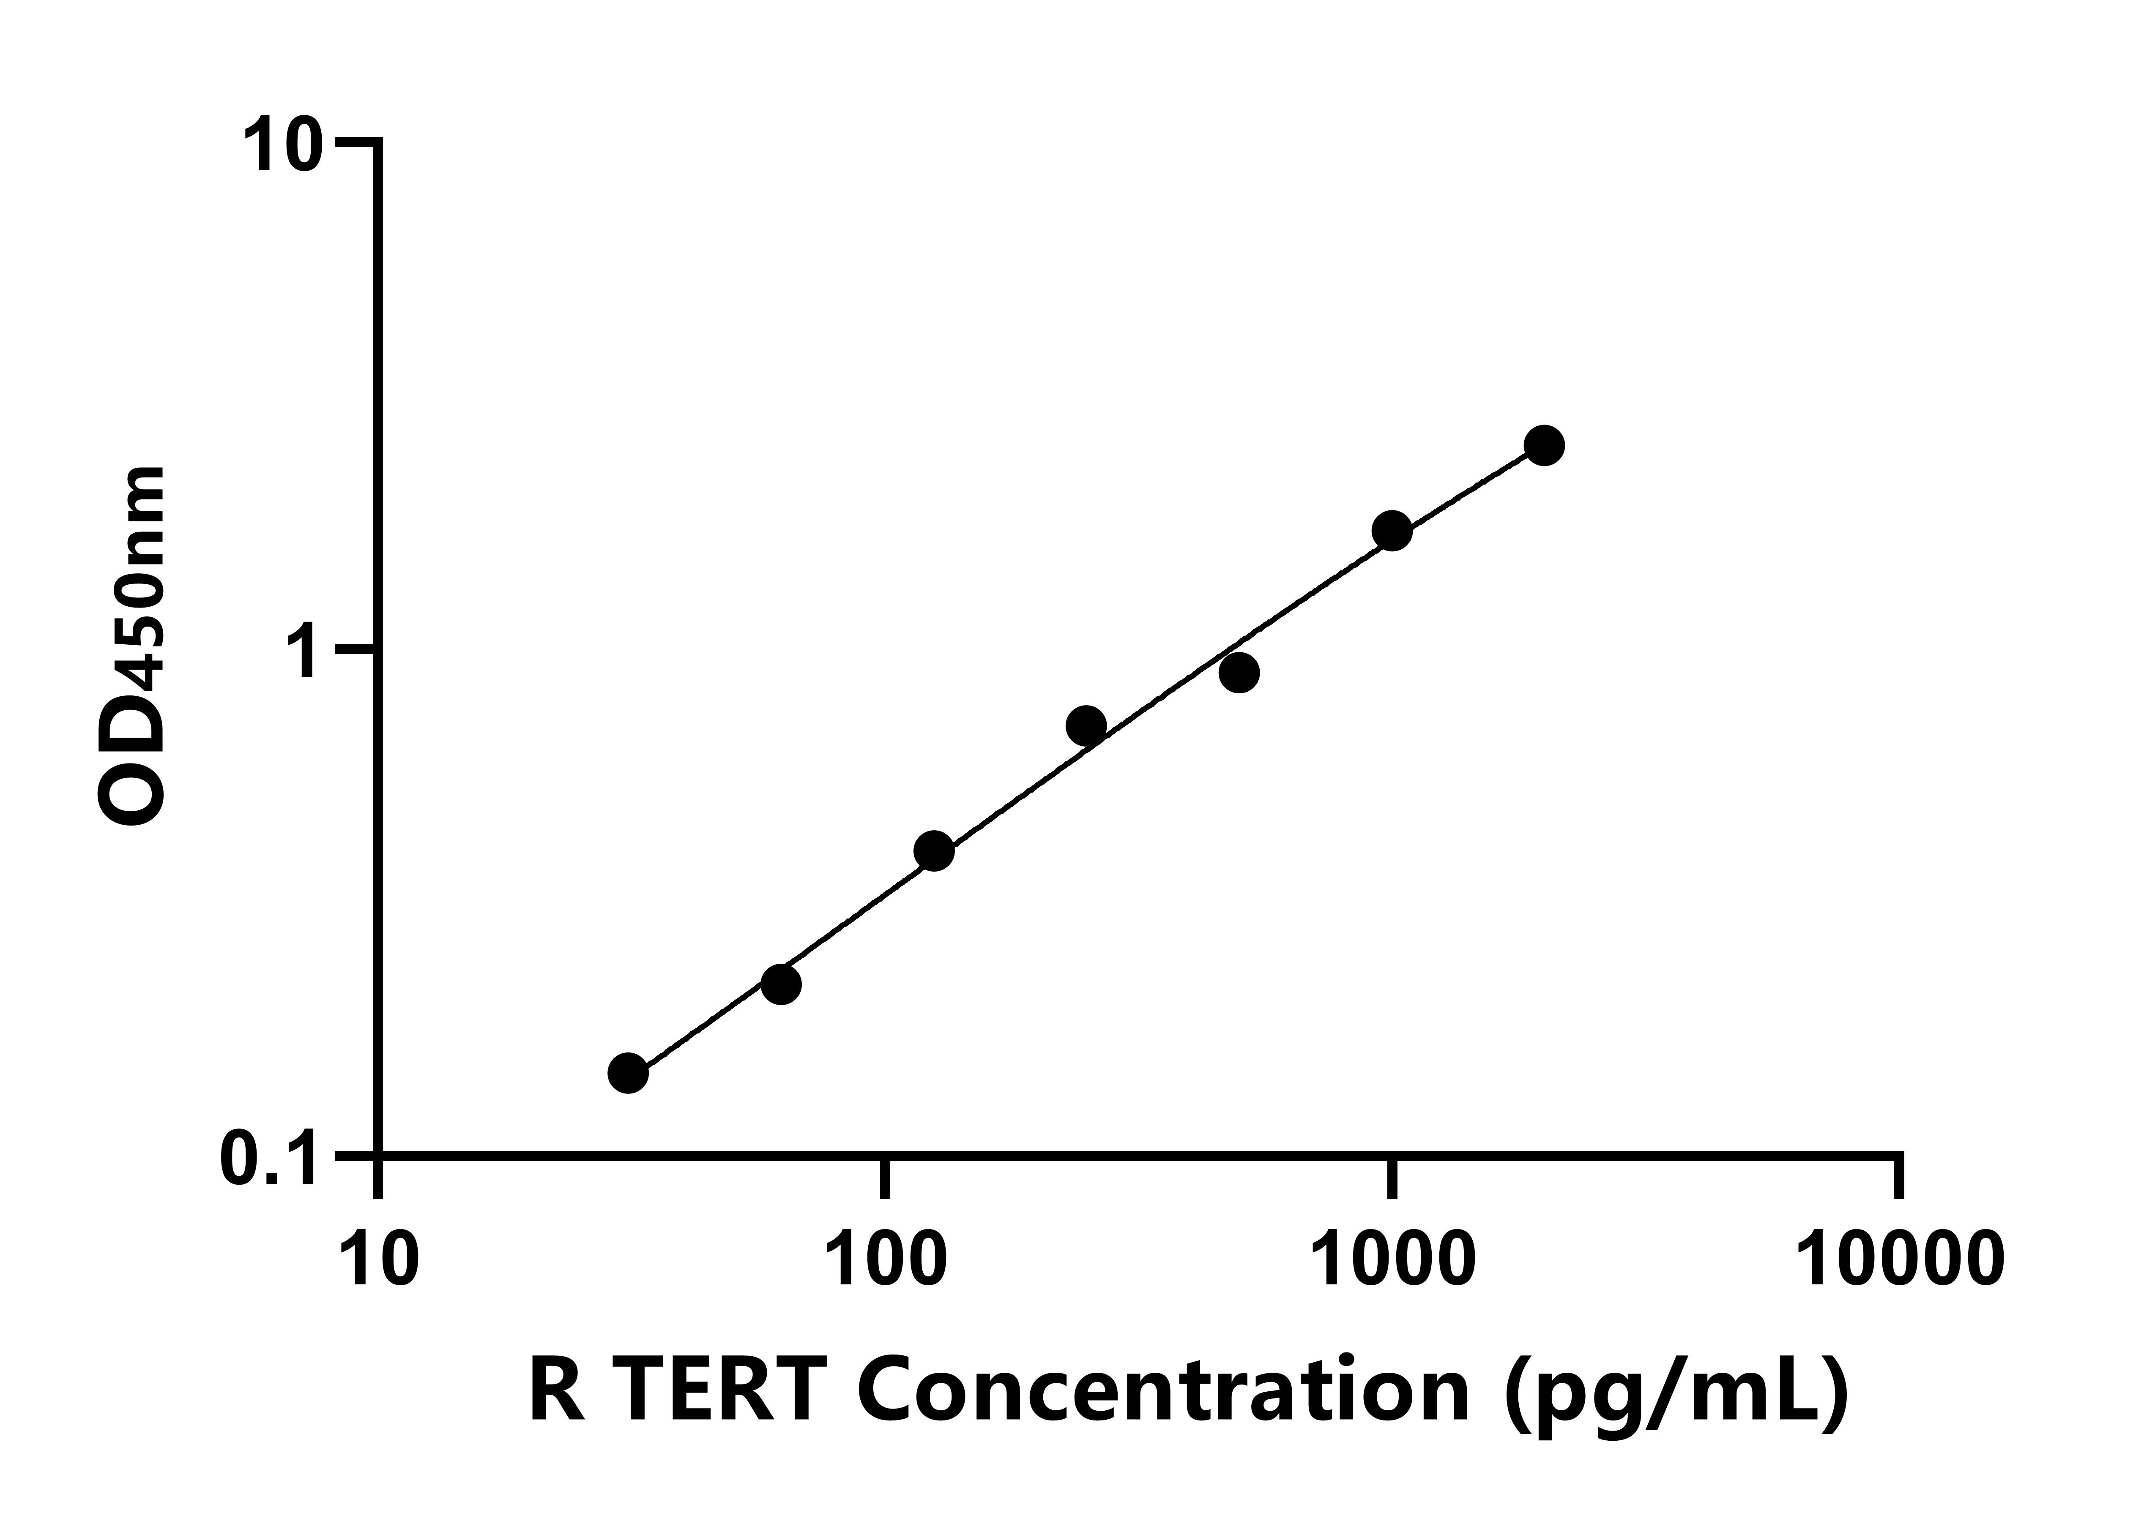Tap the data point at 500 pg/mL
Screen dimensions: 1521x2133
1239,673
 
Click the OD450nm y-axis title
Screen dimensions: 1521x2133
131,646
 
